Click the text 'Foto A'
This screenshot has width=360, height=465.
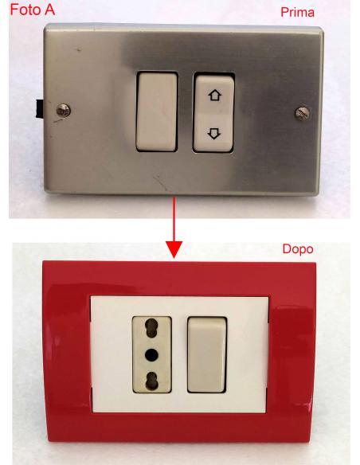(x=33, y=10)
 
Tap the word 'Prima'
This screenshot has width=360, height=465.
(x=297, y=12)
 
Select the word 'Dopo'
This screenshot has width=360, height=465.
(x=298, y=248)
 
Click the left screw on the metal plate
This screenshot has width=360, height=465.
(x=64, y=111)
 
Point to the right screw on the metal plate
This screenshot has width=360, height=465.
(x=303, y=114)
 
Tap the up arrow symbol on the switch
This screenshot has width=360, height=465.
(x=215, y=96)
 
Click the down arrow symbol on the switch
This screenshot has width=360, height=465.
(x=214, y=133)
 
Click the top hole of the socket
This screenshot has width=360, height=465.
(x=151, y=328)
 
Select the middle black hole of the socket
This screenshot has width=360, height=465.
(x=151, y=354)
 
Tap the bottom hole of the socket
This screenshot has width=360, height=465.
(x=151, y=381)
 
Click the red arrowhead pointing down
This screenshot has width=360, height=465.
(x=174, y=249)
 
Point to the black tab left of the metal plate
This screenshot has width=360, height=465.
(x=39, y=109)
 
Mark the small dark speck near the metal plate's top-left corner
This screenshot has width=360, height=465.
(x=79, y=50)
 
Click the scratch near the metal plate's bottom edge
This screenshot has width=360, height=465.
(x=160, y=182)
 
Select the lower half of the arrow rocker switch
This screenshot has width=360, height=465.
(x=213, y=133)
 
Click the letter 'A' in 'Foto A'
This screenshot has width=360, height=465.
(x=49, y=10)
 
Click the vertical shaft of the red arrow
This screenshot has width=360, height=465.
(x=174, y=219)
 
